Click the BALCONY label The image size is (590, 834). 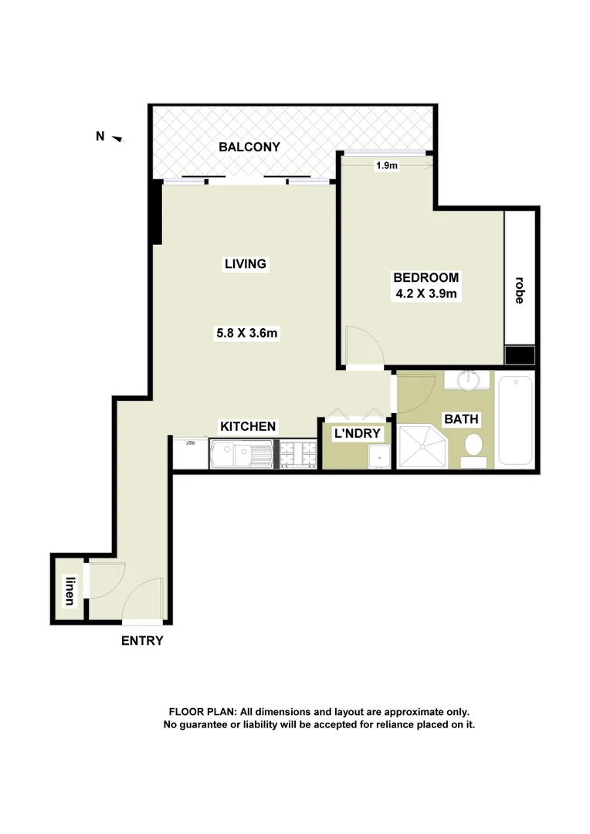[249, 147]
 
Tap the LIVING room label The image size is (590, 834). [245, 264]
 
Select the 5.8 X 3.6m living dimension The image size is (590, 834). [246, 334]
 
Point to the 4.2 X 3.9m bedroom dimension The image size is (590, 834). [426, 294]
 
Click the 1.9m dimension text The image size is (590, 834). [386, 165]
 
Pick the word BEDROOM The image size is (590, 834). [426, 277]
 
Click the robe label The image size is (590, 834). [518, 290]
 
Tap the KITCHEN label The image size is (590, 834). [248, 426]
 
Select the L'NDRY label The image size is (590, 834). [357, 433]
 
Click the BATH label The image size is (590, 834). [460, 419]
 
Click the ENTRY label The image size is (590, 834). [142, 640]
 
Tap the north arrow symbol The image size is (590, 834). [117, 138]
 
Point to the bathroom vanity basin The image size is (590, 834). [469, 380]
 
